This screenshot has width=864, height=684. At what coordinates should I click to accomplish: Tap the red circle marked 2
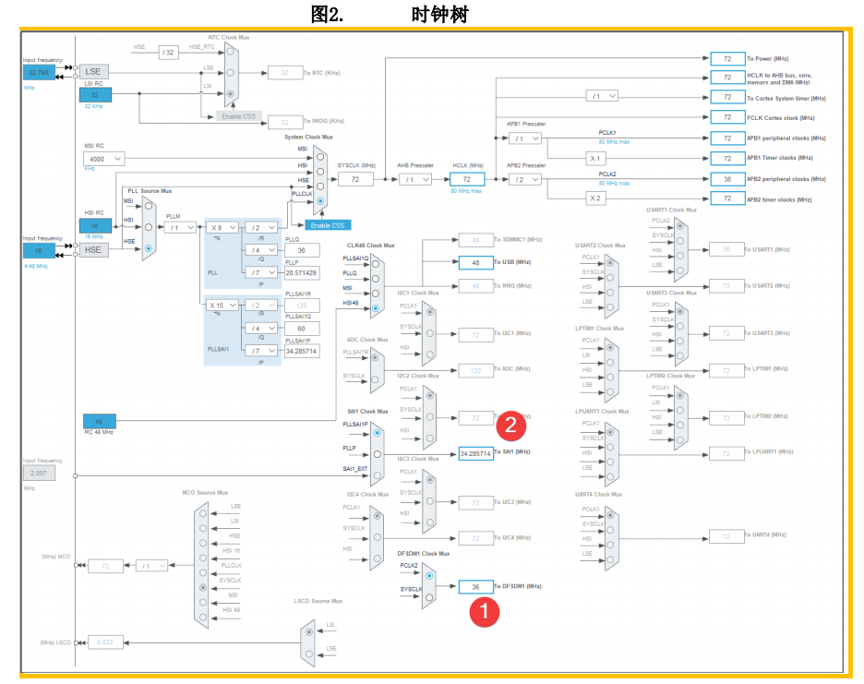pos(511,425)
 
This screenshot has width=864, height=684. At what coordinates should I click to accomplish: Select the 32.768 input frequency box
pos(40,72)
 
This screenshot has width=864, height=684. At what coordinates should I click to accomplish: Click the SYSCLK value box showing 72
pos(355,179)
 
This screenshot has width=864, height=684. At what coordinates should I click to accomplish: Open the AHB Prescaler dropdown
pos(414,179)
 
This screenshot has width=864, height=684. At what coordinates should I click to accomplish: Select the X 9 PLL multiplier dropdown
pos(222,227)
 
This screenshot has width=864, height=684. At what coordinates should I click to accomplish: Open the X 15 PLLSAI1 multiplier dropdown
pos(222,305)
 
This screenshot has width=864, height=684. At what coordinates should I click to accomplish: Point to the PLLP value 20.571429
pos(301,272)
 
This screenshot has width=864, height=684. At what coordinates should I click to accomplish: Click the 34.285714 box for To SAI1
pos(475,454)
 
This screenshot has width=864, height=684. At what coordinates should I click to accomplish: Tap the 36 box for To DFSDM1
pos(475,587)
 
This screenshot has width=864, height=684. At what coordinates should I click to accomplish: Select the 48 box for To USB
pos(475,262)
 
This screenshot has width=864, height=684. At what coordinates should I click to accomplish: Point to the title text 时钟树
pos(446,14)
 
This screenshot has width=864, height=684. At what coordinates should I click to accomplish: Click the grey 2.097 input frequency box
pos(40,474)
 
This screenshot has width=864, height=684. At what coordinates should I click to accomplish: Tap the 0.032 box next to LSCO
pos(105,642)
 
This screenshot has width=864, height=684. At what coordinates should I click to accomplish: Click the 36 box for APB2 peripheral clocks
pos(727,179)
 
